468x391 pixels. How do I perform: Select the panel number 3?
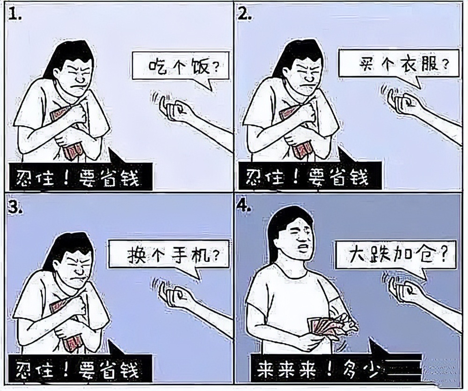[x=15, y=209]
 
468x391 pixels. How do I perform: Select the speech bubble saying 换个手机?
[x=169, y=255]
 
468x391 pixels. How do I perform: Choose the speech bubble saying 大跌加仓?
[x=395, y=255]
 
